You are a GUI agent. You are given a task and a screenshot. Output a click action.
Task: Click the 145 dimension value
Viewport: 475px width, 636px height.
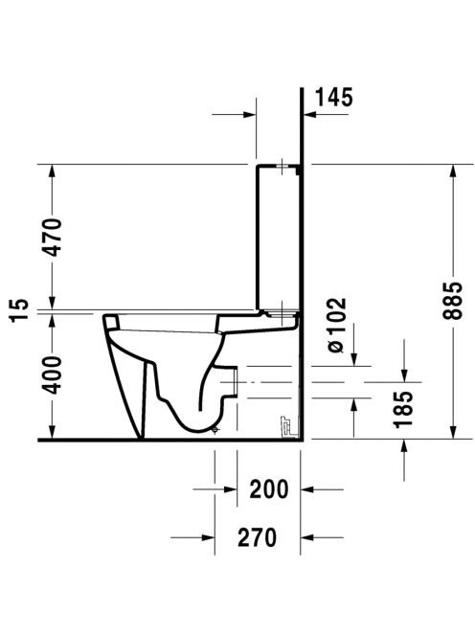tap(334, 98)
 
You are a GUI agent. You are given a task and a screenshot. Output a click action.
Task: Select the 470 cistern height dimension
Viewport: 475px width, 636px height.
tap(53, 237)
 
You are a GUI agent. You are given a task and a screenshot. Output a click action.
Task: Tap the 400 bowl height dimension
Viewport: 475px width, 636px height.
tap(53, 375)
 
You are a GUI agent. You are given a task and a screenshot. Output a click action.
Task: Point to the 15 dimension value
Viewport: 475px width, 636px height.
tap(19, 310)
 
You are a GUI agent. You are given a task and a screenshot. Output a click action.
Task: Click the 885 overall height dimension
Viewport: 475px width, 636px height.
tap(452, 300)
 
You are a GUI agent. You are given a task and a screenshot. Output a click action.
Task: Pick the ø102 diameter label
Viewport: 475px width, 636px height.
tap(337, 325)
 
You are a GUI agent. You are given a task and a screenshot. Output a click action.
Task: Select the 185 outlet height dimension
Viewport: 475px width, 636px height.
tap(403, 410)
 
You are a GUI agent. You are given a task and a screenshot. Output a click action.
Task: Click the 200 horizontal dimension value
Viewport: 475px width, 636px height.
tap(268, 489)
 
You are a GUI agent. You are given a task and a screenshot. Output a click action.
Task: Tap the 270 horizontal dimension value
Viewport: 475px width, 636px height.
tap(258, 537)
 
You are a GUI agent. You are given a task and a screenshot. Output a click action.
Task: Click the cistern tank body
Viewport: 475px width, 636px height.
tap(279, 238)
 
